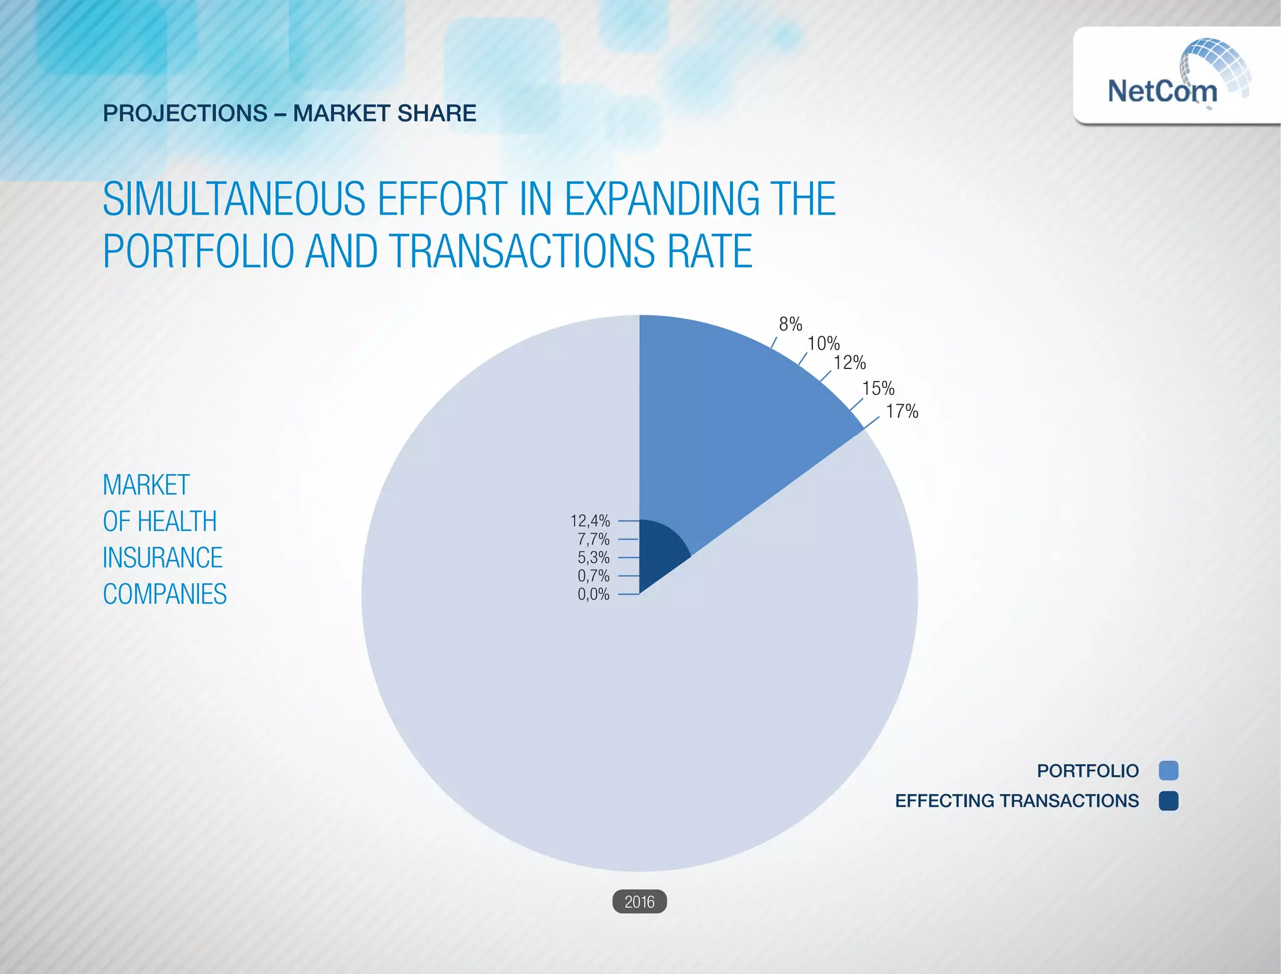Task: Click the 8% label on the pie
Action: tap(790, 324)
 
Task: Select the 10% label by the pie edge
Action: tap(823, 343)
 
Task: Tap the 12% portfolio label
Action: tap(849, 363)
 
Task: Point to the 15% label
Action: tap(878, 388)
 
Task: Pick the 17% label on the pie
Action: tap(902, 412)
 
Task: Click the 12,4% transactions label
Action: tap(590, 520)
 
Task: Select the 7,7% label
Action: tap(593, 539)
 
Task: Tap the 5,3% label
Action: tap(593, 557)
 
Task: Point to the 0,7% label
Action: tap(593, 576)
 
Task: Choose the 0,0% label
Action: tap(593, 594)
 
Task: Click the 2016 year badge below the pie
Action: tap(639, 901)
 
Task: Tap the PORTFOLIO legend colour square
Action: tap(1168, 771)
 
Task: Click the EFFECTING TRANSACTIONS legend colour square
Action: tap(1168, 801)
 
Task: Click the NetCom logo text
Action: tap(1162, 91)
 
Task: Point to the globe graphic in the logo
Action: tap(1217, 63)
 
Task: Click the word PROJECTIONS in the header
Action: tap(185, 113)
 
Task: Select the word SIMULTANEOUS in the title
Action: tap(233, 199)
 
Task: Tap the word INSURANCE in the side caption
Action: tap(163, 558)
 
